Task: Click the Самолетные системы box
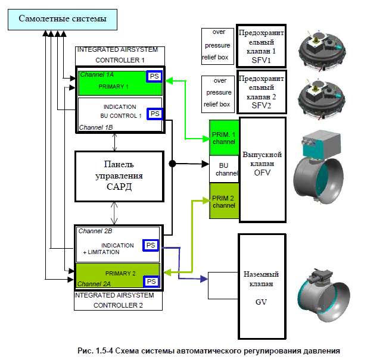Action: (63, 20)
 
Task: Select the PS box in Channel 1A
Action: (154, 76)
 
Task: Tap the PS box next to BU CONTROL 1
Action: (155, 114)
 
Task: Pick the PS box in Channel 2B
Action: (151, 245)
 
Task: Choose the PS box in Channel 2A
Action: (151, 281)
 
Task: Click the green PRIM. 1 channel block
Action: (224, 138)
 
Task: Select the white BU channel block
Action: (224, 169)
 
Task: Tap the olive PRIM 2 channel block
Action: (224, 201)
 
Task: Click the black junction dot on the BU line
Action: (172, 164)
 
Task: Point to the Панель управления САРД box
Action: (119, 176)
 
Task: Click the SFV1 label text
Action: (261, 60)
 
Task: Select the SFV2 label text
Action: (262, 105)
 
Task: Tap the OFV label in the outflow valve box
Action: (262, 173)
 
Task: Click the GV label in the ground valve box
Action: (261, 302)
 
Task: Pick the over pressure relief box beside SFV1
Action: (217, 46)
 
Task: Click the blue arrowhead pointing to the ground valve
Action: (204, 279)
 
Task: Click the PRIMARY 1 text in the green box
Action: (113, 86)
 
